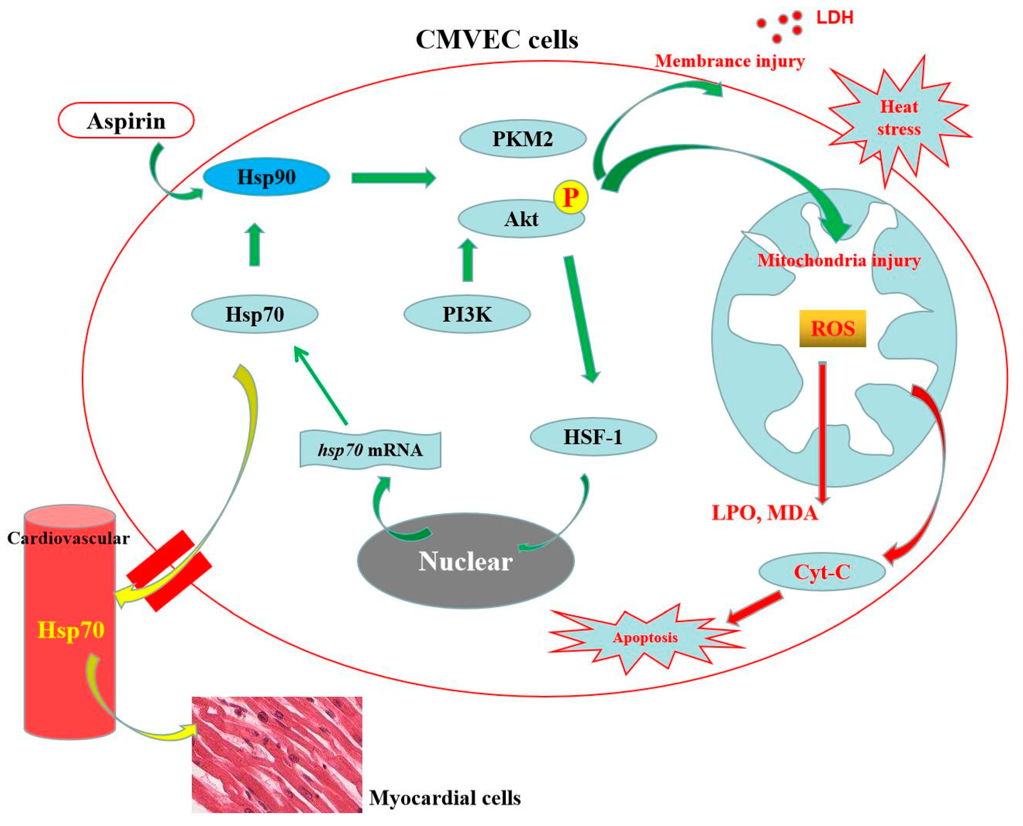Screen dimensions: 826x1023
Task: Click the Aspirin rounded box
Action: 126,121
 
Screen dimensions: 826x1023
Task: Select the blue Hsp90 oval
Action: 266,177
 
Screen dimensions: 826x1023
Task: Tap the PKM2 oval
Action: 522,139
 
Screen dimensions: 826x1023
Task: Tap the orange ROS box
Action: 832,328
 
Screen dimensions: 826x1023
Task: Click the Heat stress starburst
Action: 898,119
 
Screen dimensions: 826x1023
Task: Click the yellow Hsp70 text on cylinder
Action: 71,630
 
